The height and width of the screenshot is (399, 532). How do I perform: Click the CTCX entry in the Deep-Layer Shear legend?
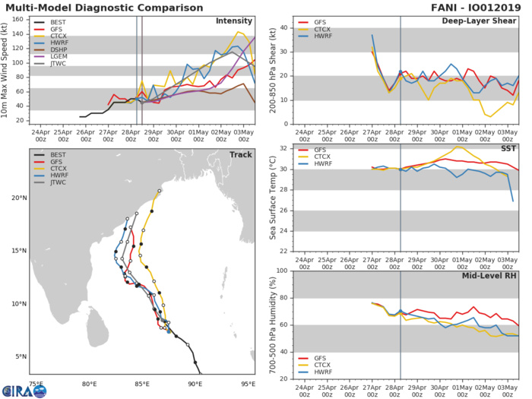(306, 33)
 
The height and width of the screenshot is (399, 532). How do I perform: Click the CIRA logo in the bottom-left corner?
(24, 389)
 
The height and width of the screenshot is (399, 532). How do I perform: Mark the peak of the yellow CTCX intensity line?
(239, 32)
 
